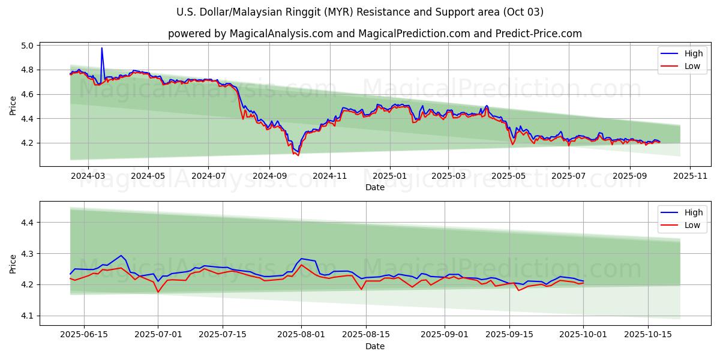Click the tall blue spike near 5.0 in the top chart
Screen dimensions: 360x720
click(x=101, y=48)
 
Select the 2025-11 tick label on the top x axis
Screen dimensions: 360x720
click(x=690, y=176)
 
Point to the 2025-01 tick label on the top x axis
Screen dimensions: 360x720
click(x=389, y=176)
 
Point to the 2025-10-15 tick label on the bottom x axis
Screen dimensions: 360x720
click(x=648, y=335)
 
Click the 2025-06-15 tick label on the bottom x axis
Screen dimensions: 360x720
click(x=84, y=335)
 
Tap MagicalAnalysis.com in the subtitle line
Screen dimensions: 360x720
click(x=281, y=34)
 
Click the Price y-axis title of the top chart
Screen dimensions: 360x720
click(x=13, y=105)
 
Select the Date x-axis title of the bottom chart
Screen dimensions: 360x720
click(x=375, y=346)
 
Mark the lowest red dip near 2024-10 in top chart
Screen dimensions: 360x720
click(x=298, y=155)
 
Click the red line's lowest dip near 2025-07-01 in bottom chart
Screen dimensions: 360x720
click(x=158, y=292)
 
